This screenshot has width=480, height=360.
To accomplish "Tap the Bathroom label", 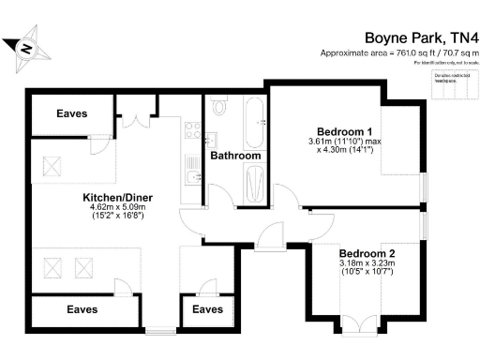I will click(x=234, y=156).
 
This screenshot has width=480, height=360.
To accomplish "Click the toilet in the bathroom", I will click(x=221, y=108).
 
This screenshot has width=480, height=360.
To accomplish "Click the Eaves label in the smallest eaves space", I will click(x=207, y=308).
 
